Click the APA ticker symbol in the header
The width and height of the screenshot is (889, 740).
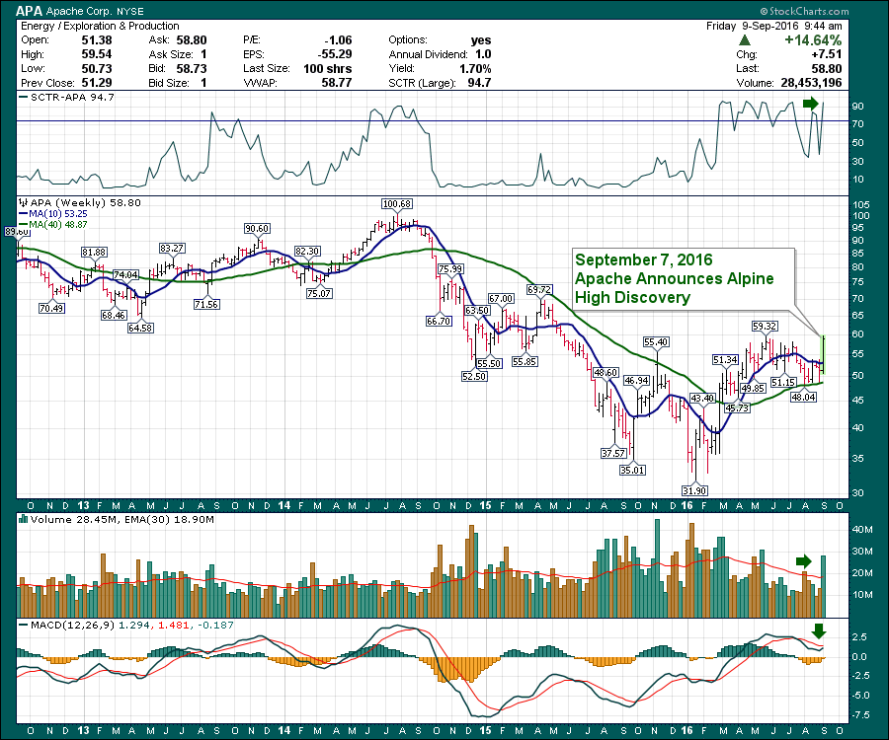[x=30, y=9]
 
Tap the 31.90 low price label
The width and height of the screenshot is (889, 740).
[x=695, y=490]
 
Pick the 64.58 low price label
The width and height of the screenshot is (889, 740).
[x=142, y=328]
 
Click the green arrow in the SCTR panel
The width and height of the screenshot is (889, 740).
[x=810, y=104]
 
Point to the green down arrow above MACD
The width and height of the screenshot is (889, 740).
[x=817, y=631]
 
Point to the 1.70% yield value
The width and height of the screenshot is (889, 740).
[x=475, y=69]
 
